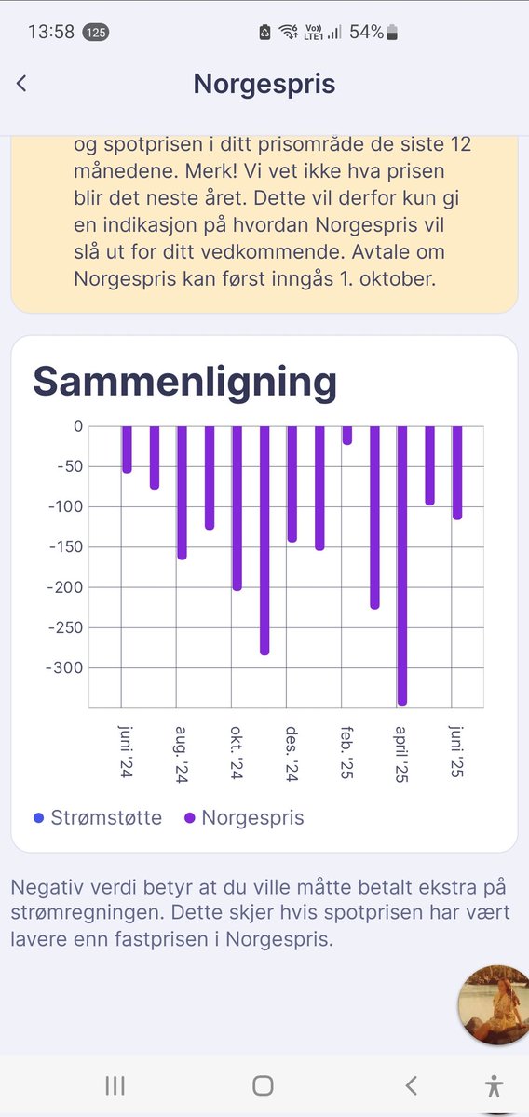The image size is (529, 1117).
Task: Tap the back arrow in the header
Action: pos(21,84)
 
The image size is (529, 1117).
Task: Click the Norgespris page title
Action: pos(264,84)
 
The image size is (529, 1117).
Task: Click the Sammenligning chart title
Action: pos(184,382)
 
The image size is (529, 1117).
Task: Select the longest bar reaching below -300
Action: pos(402,564)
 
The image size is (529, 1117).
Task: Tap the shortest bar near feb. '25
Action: pos(347,435)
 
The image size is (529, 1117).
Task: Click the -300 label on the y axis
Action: pos(65,668)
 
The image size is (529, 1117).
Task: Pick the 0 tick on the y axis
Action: pos(77,426)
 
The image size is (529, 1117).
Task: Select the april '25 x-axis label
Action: pos(401,754)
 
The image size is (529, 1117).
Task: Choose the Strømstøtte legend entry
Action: pos(98,818)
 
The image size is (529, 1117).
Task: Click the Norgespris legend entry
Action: pos(244,818)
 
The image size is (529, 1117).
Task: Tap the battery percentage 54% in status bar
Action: pos(366,32)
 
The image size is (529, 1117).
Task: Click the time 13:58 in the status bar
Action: pos(51,32)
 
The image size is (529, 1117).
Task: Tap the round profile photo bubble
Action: pos(495,1004)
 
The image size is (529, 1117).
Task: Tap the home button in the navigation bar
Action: pos(264,1085)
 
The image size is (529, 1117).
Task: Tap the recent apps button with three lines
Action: pos(115,1085)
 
